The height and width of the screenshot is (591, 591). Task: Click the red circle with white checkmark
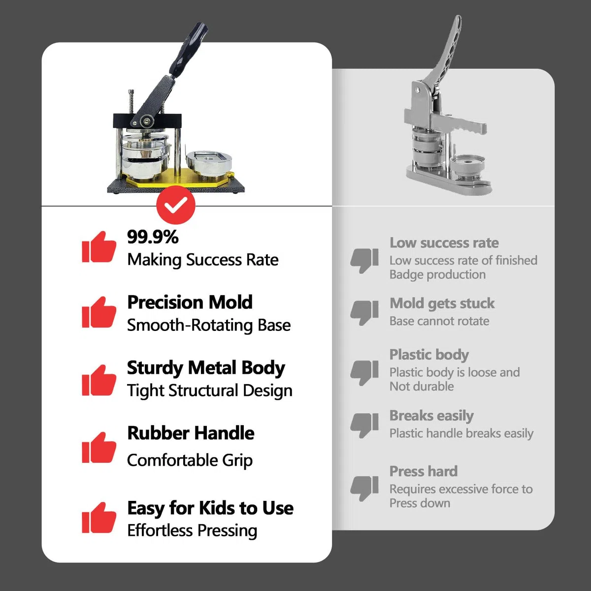[176, 204]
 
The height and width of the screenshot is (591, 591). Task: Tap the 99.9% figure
[153, 237]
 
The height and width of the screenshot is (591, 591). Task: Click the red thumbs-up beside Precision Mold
[99, 312]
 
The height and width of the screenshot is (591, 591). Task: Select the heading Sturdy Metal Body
[206, 368]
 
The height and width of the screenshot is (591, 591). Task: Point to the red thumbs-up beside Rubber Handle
[99, 447]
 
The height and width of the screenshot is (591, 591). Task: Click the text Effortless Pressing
[192, 531]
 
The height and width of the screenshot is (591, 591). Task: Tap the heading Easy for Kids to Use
[210, 508]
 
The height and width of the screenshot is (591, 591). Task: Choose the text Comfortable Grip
[190, 460]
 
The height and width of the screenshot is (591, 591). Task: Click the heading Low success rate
[444, 243]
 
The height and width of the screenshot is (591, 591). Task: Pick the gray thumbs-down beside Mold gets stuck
[364, 313]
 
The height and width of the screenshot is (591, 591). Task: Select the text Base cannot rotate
[439, 321]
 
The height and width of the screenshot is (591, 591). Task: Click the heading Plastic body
[429, 355]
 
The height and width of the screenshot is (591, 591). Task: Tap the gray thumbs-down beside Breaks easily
[364, 425]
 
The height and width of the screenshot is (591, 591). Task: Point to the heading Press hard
[423, 471]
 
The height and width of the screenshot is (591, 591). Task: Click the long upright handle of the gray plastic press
[444, 52]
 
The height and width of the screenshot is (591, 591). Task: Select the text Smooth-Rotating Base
[209, 325]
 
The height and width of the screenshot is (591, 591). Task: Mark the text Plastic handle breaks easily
[461, 433]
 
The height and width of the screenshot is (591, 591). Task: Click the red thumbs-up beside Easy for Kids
[99, 518]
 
